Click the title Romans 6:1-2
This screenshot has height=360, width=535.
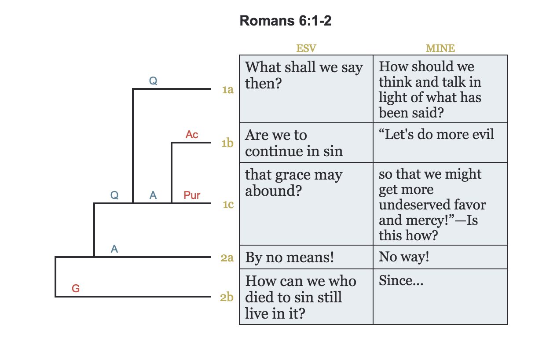(285, 21)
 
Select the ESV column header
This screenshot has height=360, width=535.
(306, 48)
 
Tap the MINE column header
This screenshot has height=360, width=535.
(440, 48)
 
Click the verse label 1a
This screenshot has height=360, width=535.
(227, 90)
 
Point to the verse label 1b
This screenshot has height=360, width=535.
(227, 143)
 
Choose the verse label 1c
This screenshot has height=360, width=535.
(227, 205)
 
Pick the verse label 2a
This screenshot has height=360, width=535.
(227, 258)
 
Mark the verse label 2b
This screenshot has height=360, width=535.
(227, 298)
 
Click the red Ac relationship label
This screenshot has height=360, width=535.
(192, 135)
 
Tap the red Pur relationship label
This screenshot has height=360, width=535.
(192, 195)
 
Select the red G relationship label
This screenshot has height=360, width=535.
(76, 289)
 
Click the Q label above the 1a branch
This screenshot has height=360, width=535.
(153, 81)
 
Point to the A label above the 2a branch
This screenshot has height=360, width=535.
(114, 249)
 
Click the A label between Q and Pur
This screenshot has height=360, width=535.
(153, 195)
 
